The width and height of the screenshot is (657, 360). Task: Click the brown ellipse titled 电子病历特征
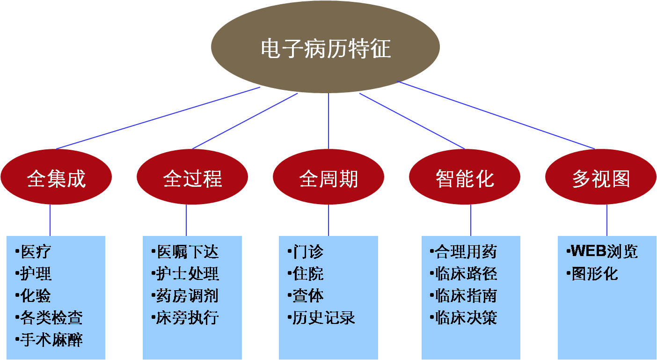pos(325,49)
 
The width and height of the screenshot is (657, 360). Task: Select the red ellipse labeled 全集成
pos(56,178)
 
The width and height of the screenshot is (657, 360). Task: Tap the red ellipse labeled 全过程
pos(192,178)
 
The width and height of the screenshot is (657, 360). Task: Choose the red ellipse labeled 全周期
pos(328,178)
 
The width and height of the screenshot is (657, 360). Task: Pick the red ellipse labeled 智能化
pos(465,178)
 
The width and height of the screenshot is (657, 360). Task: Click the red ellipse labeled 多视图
pos(601,178)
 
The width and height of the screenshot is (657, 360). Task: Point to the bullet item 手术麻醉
pos(51,339)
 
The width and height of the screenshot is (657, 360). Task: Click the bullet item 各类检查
pos(51,318)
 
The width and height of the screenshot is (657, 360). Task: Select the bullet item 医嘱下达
pos(187,252)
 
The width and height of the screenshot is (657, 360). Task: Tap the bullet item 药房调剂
pos(187,296)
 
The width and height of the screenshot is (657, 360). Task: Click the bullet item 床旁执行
pos(187,318)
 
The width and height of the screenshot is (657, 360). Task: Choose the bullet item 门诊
pos(308,252)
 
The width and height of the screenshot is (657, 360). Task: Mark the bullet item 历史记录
pos(323,318)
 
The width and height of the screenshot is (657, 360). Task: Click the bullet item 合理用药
pos(465,252)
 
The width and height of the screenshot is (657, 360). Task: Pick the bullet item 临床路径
pos(465,274)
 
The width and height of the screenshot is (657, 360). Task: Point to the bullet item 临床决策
pos(465,318)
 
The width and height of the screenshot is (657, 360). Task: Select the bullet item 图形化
pos(594,274)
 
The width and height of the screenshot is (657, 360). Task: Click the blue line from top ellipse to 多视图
pos(496,115)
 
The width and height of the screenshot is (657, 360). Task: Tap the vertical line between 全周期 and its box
pos(328,220)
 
